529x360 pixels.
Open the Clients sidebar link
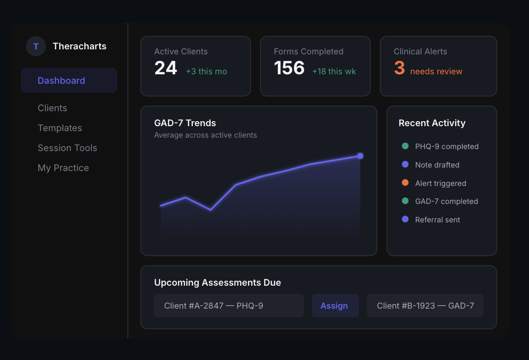(52, 108)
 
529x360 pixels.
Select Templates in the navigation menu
(60, 128)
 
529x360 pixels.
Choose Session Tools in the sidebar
(67, 148)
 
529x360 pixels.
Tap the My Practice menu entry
(63, 168)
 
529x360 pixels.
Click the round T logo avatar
(36, 46)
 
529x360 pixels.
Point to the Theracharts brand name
(79, 46)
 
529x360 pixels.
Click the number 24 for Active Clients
(166, 68)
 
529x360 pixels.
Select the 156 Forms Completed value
(289, 68)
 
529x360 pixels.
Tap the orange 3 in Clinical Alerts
(399, 68)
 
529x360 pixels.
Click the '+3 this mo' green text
(206, 71)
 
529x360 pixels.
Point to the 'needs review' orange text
(436, 71)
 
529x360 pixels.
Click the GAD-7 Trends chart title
(185, 123)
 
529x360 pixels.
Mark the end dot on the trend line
(360, 156)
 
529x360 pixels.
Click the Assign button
(335, 306)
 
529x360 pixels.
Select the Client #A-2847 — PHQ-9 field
(229, 306)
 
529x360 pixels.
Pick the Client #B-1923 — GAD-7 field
(425, 306)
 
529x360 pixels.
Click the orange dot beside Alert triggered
(405, 183)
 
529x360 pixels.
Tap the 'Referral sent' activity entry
(438, 220)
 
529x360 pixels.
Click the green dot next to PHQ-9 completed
(405, 146)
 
